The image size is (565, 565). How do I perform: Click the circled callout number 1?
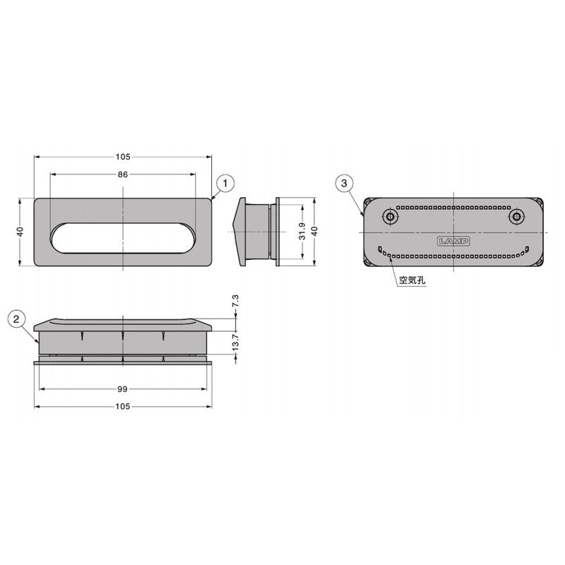(225, 184)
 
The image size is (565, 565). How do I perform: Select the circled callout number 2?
(16, 319)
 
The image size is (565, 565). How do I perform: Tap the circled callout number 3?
(344, 183)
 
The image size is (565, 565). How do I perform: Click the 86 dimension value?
(123, 174)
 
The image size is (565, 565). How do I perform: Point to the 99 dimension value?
(122, 389)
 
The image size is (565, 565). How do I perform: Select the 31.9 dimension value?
(302, 232)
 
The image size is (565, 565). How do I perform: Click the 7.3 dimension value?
(236, 301)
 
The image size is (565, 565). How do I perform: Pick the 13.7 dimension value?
(236, 343)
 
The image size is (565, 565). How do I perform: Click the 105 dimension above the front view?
(123, 157)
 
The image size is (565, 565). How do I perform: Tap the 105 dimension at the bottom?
(122, 407)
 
